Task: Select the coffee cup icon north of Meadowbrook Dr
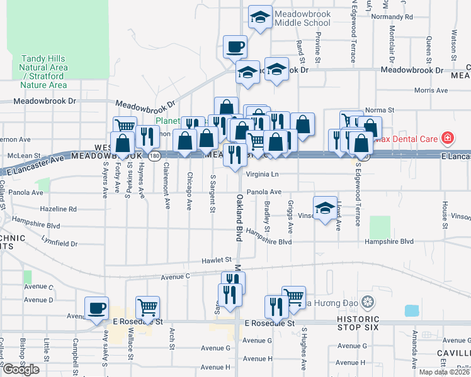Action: [235, 46]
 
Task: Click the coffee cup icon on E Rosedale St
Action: [96, 308]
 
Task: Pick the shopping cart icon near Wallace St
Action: [147, 308]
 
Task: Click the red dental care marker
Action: [447, 137]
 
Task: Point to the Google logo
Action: [21, 369]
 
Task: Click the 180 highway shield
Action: [154, 155]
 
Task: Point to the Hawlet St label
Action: [217, 260]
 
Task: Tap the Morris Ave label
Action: [431, 90]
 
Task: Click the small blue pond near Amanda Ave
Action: [412, 310]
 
